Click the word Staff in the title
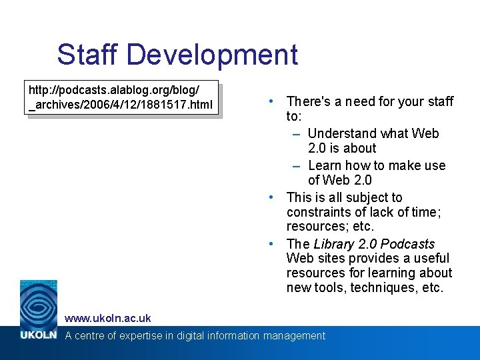coord(88,55)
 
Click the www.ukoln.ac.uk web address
coord(107,318)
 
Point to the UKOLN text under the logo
coord(38,335)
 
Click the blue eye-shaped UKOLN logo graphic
coord(38,303)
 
